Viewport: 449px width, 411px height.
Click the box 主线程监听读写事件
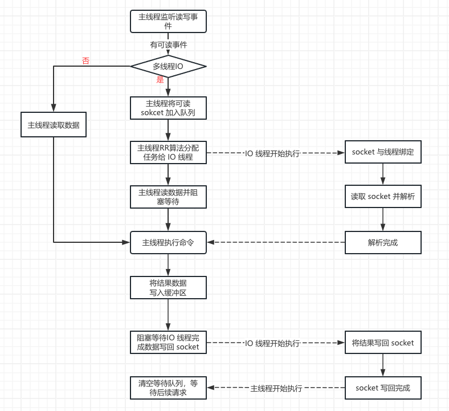(168, 21)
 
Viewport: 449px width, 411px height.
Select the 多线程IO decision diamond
(168, 66)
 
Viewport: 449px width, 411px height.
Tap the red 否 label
(85, 61)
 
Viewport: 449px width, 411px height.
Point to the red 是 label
(160, 80)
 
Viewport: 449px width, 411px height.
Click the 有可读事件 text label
(169, 44)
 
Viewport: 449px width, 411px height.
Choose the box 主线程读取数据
(54, 125)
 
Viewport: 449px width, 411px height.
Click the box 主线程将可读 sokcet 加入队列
(168, 108)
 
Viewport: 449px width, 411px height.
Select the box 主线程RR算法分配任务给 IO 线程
(168, 153)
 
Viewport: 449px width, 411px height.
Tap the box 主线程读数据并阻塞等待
(168, 197)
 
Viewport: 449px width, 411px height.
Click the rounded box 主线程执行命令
(168, 242)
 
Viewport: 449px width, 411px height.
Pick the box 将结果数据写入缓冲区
(168, 288)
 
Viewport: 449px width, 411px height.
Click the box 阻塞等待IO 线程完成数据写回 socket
(168, 343)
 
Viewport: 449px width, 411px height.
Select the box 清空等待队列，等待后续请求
(168, 388)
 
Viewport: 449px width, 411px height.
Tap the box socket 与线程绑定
(382, 152)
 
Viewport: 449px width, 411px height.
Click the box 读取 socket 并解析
(382, 197)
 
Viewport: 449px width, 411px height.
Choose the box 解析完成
(382, 242)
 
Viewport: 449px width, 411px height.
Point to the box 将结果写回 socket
(382, 343)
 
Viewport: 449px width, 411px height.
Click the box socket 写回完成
(382, 388)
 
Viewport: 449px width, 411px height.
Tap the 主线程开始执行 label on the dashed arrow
(276, 388)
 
